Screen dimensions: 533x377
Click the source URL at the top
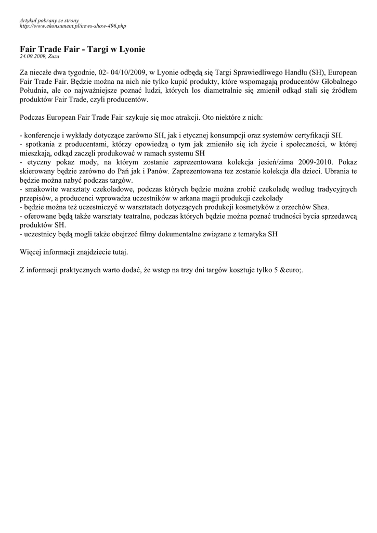(x=73, y=26)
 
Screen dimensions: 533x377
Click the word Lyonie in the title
(x=132, y=49)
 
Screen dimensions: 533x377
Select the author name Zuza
(x=54, y=56)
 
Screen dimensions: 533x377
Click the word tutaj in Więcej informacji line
(x=118, y=252)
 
